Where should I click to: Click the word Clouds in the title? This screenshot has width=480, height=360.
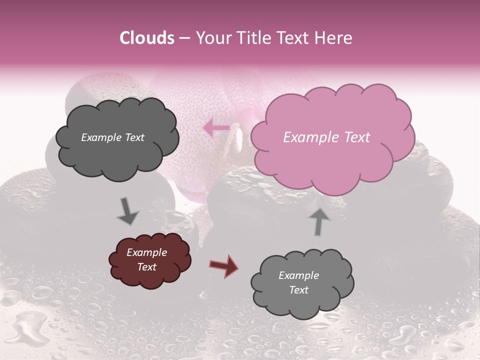click(x=147, y=38)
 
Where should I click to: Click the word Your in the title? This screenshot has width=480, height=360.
click(x=213, y=38)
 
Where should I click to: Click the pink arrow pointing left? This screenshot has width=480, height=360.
click(x=216, y=128)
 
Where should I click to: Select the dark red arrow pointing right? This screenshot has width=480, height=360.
click(x=224, y=265)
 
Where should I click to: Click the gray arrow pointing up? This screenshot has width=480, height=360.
click(x=319, y=220)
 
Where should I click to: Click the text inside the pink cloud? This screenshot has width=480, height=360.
click(x=326, y=137)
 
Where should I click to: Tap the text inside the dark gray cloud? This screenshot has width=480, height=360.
click(x=112, y=137)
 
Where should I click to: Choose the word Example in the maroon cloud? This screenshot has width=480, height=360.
click(x=146, y=252)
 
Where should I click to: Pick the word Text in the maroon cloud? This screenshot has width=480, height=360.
click(x=146, y=267)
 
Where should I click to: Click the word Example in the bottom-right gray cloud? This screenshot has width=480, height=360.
click(x=298, y=275)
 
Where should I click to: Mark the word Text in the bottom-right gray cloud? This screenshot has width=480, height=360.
click(x=298, y=290)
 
